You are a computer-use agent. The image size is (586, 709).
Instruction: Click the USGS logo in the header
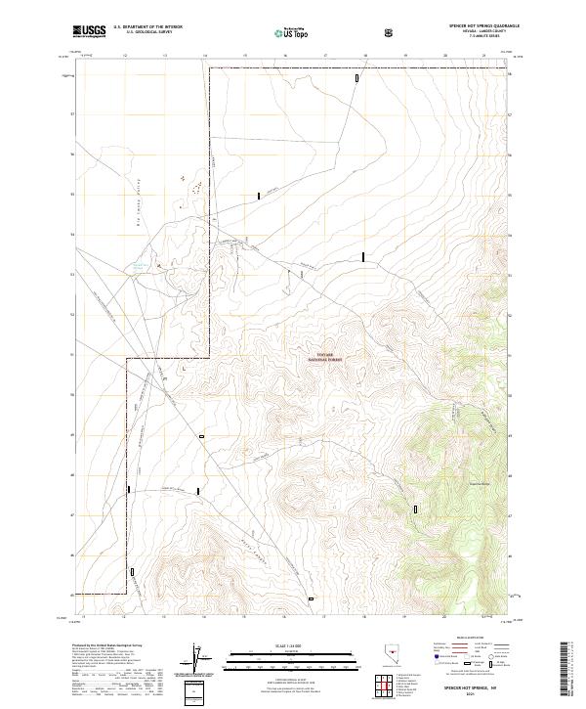pos(88,31)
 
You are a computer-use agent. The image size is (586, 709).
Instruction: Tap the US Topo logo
pos(292,32)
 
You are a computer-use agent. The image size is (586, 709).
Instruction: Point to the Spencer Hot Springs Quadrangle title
pos(484,25)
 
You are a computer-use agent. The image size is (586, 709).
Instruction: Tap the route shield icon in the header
pos(390,32)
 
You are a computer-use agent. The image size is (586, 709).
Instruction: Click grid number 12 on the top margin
pos(125,57)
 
